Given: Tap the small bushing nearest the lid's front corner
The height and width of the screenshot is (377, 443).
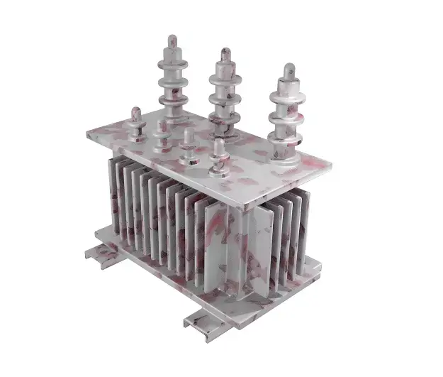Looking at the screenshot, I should [x=217, y=158].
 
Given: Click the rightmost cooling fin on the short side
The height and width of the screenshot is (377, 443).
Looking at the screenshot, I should [x=301, y=227].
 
